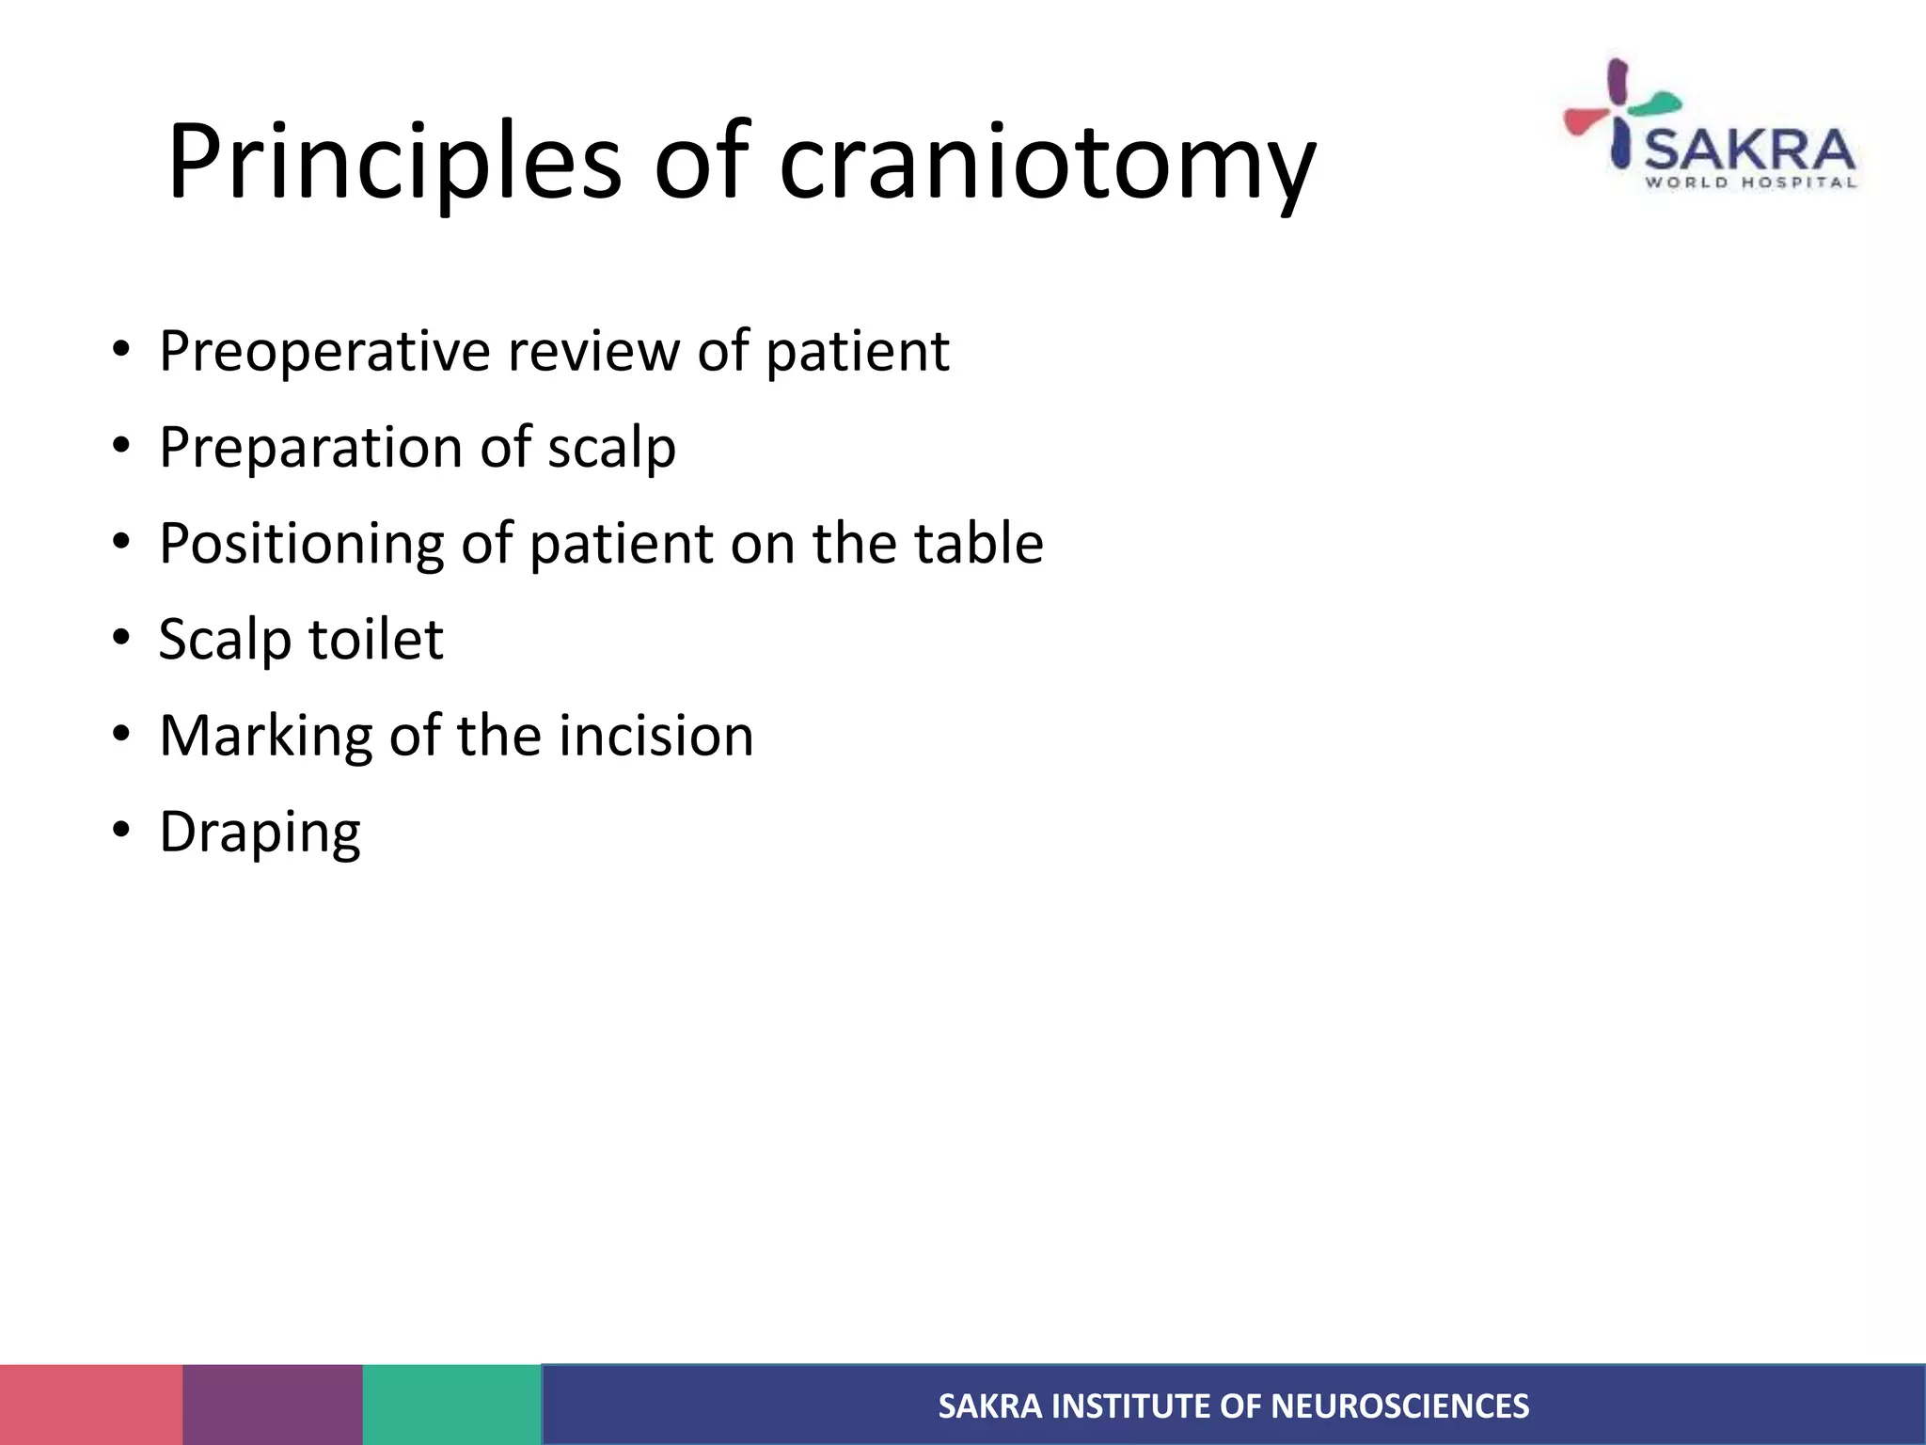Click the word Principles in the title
[x=393, y=162]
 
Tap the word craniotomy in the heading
[x=1047, y=162]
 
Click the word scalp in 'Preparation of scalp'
[x=611, y=448]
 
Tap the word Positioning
[x=301, y=544]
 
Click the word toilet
[x=375, y=640]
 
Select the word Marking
[x=265, y=736]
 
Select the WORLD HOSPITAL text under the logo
[x=1749, y=183]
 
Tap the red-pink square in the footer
[x=91, y=1405]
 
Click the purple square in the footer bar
[x=273, y=1405]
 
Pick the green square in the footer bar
[x=451, y=1405]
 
